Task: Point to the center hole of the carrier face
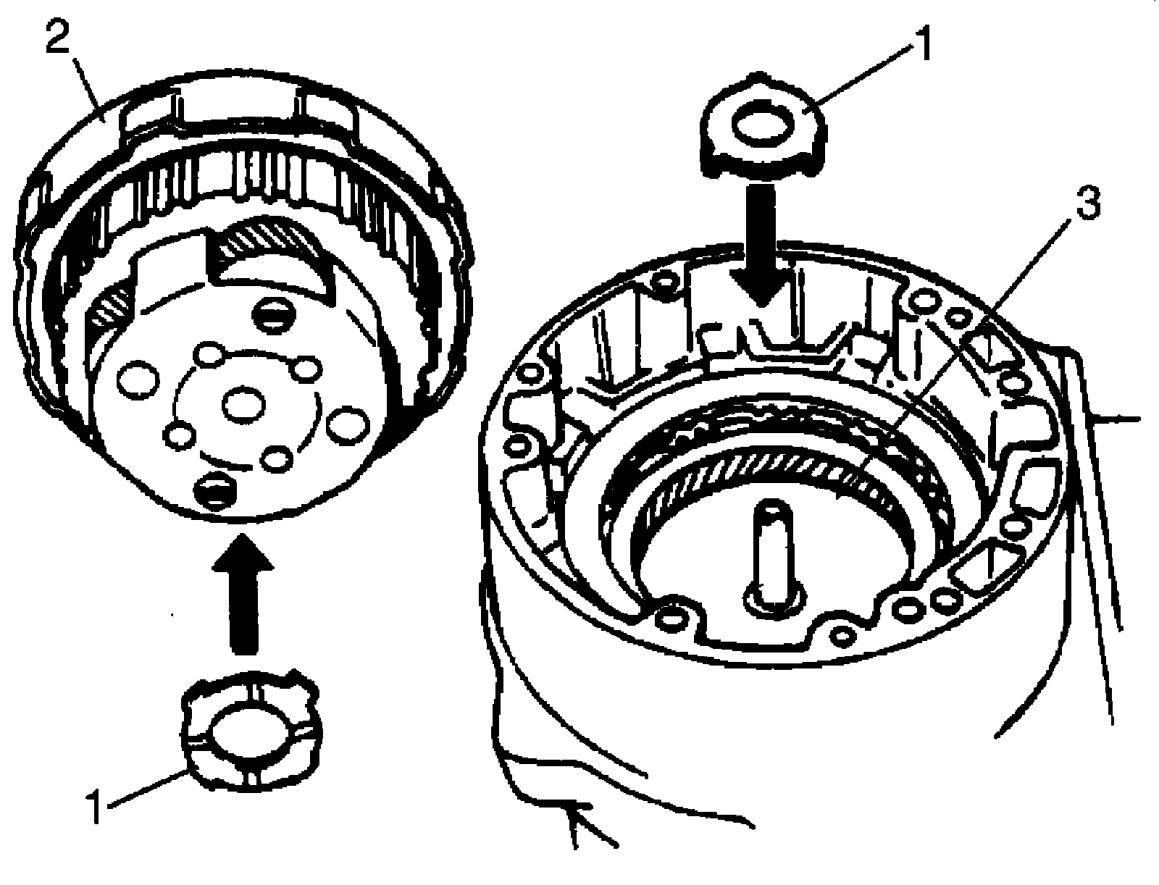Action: tap(243, 405)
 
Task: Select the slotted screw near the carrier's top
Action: tap(275, 316)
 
